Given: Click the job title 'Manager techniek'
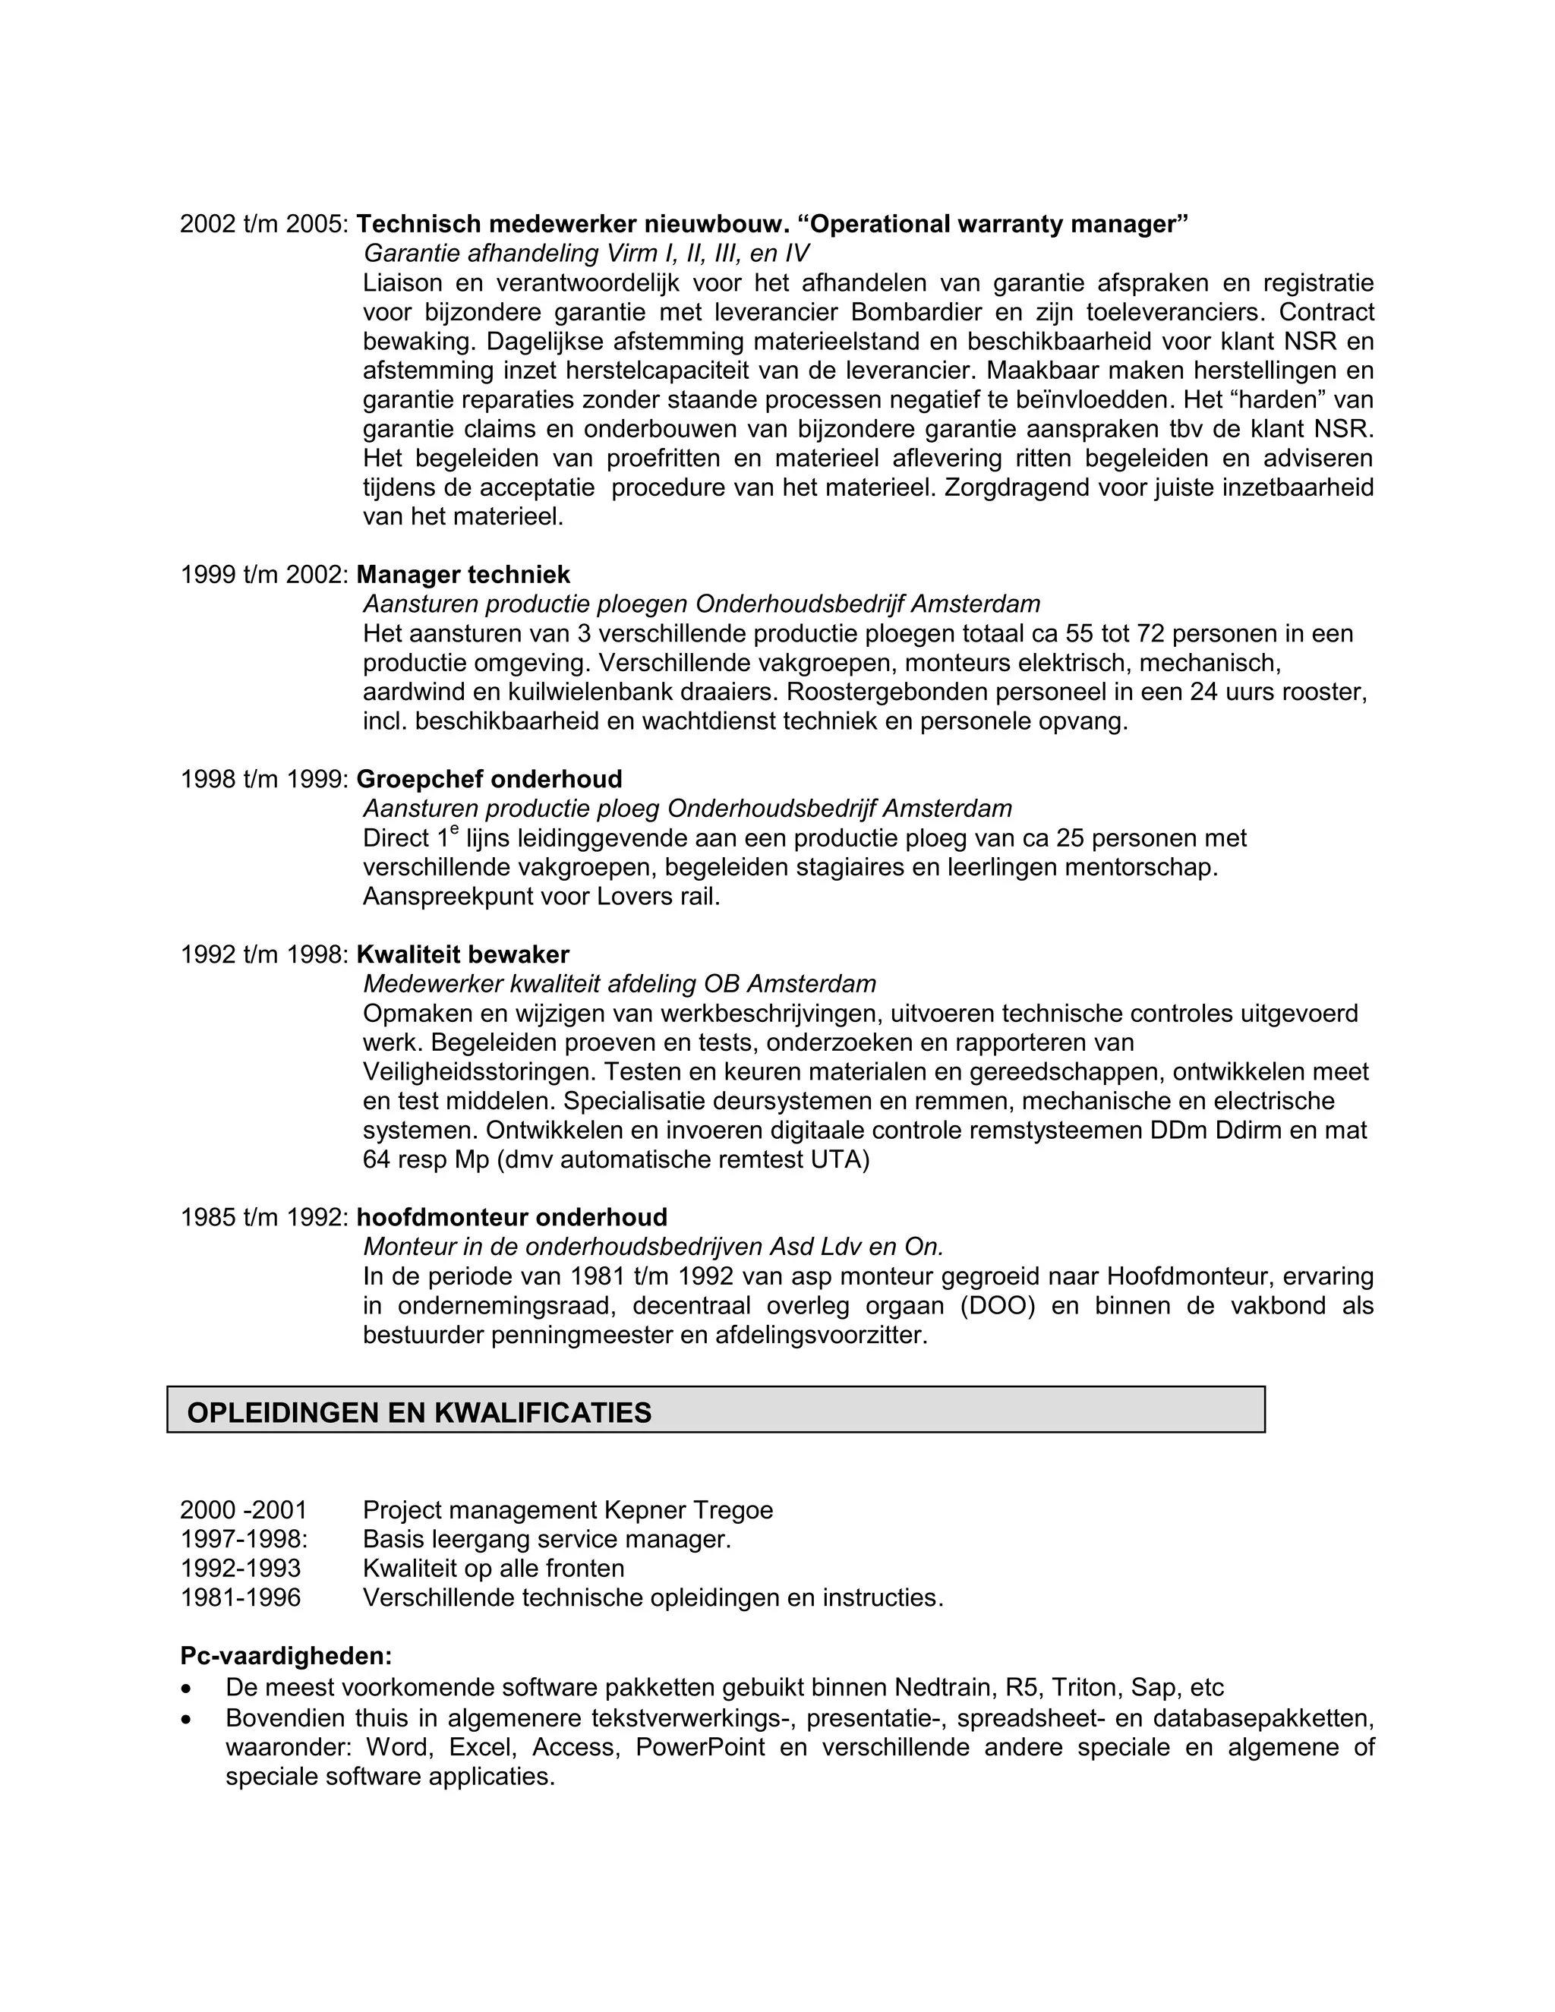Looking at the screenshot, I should point(462,575).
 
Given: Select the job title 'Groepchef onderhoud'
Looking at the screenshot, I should point(488,780).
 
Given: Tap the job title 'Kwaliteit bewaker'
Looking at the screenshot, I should point(462,954).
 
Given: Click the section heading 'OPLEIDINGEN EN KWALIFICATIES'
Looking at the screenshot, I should point(419,1412).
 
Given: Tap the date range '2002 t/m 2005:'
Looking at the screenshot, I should point(263,224).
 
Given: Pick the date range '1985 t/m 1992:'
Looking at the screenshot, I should point(263,1217).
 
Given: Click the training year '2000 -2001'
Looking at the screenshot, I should point(243,1510).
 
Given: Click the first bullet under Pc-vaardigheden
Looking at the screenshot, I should point(188,1689).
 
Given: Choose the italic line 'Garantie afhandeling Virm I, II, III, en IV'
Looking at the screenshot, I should point(586,254).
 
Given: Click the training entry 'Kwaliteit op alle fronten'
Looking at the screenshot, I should point(493,1568).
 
